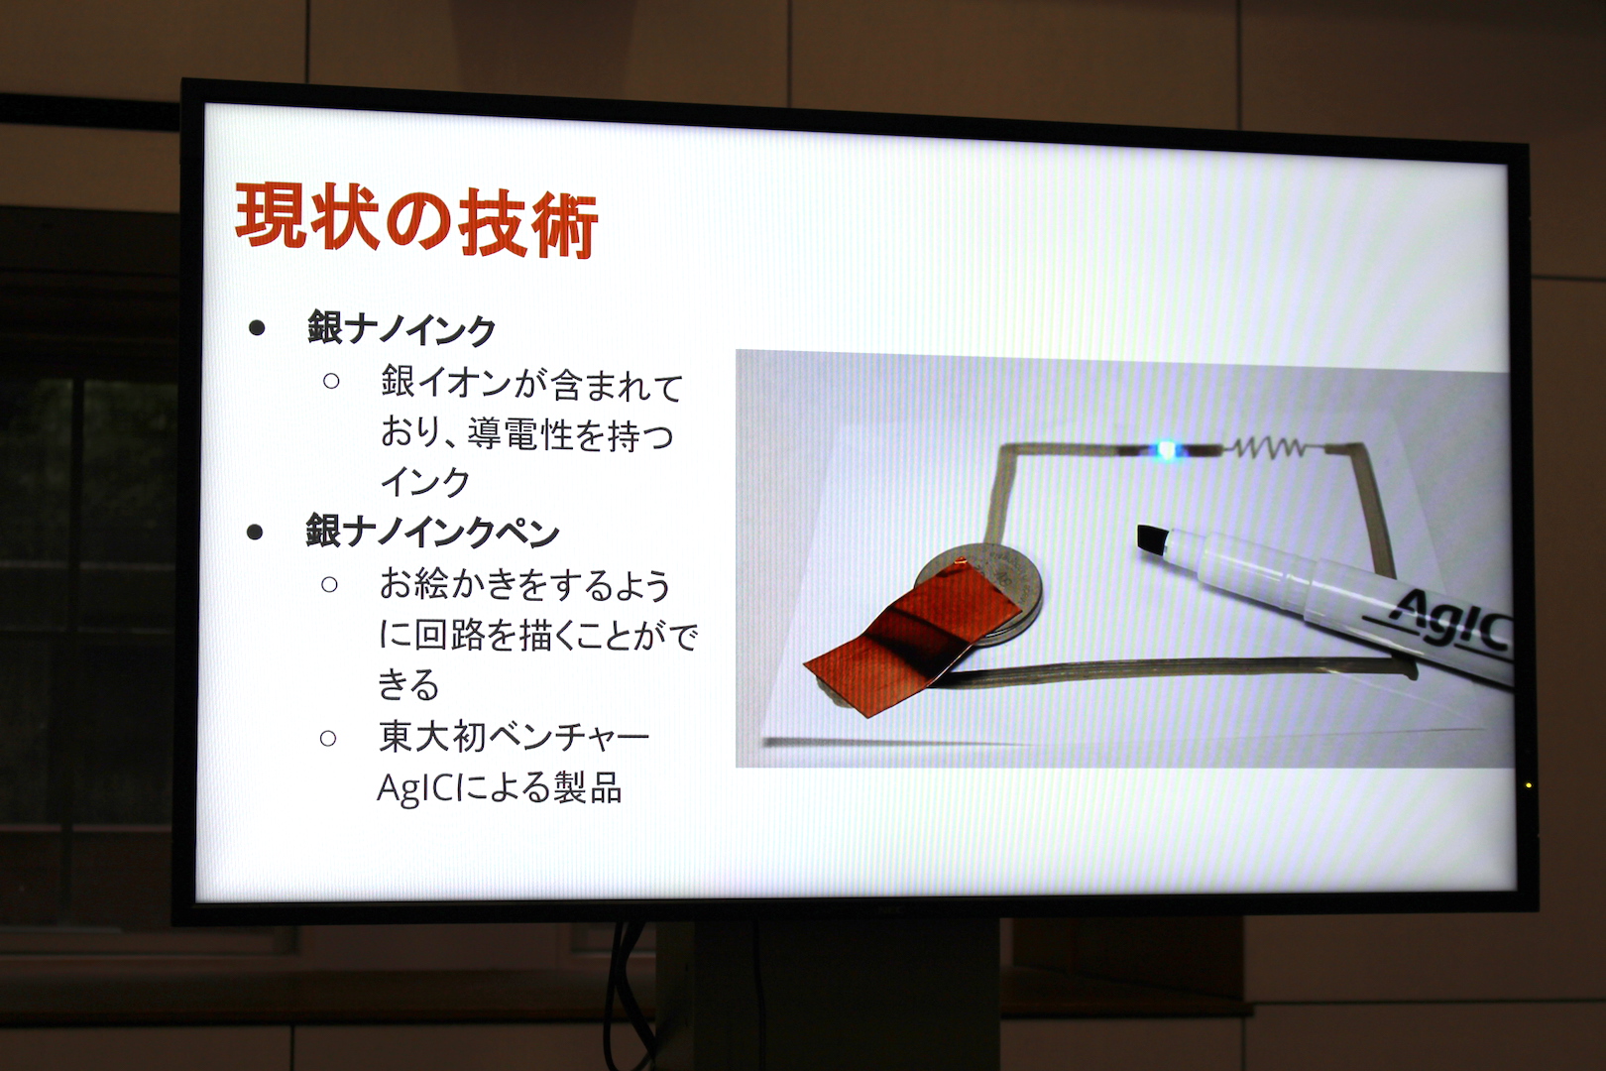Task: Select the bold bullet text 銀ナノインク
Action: (x=401, y=329)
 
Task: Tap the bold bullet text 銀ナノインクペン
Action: (x=432, y=532)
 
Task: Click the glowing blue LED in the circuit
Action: (x=1166, y=450)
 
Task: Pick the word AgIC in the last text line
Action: (x=415, y=788)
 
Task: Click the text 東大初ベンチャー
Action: (x=514, y=738)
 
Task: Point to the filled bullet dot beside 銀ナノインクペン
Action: (x=255, y=533)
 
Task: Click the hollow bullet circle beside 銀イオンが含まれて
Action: (x=330, y=381)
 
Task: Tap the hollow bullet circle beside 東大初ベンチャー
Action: (x=328, y=738)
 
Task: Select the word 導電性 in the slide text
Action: (x=519, y=434)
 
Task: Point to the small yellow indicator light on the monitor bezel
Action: (x=1528, y=785)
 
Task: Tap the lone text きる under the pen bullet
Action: (x=408, y=684)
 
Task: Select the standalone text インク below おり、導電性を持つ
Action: (x=425, y=482)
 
